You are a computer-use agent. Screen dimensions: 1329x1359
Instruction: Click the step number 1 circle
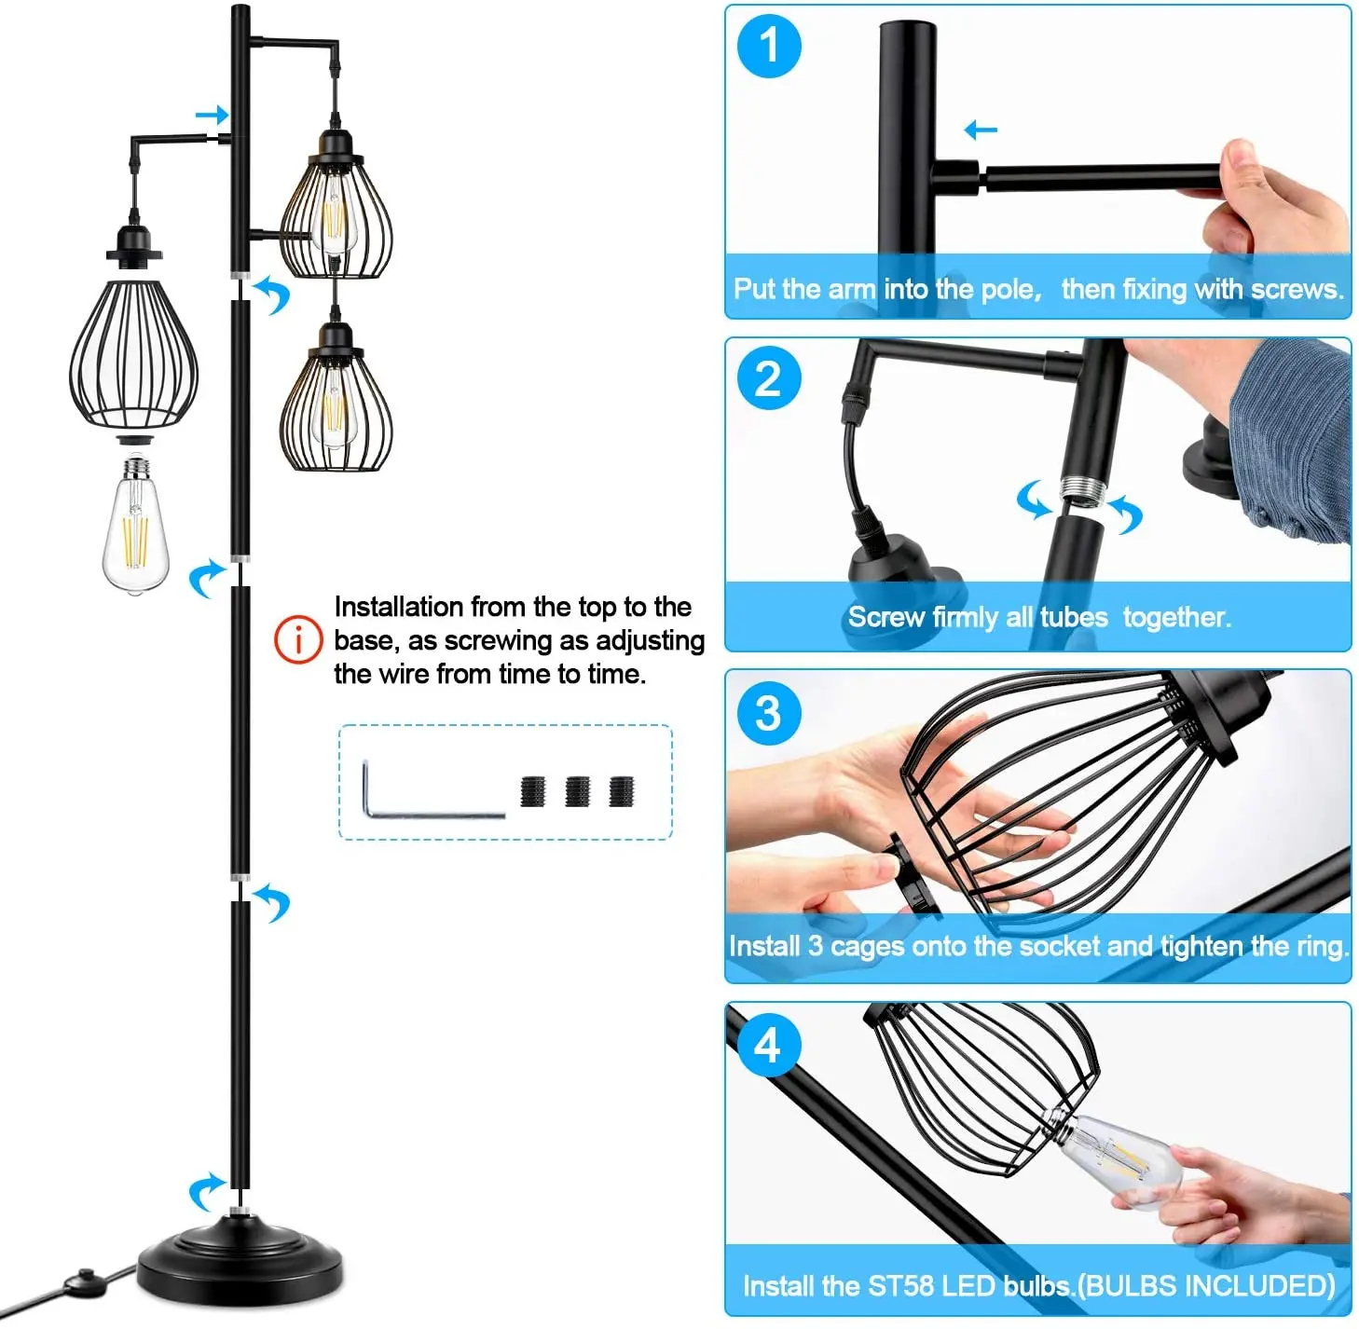[x=768, y=46]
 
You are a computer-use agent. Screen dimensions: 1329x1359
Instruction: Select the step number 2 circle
[x=768, y=378]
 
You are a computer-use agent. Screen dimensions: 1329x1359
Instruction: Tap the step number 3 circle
[x=768, y=713]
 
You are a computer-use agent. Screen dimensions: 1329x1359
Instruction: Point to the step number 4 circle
[x=768, y=1045]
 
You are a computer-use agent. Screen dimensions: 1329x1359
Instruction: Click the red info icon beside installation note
[x=297, y=640]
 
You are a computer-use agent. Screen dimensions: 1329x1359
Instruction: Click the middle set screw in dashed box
[x=577, y=791]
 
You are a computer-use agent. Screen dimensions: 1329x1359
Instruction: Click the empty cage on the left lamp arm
[x=134, y=354]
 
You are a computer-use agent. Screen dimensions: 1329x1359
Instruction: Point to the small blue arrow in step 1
[x=981, y=130]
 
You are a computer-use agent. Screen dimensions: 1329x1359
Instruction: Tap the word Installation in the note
[x=399, y=607]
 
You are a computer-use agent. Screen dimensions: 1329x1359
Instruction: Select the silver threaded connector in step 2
[x=1081, y=490]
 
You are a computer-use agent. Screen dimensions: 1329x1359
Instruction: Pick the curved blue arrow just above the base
[x=207, y=1190]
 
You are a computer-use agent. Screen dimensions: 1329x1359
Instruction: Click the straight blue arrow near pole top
[x=212, y=115]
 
